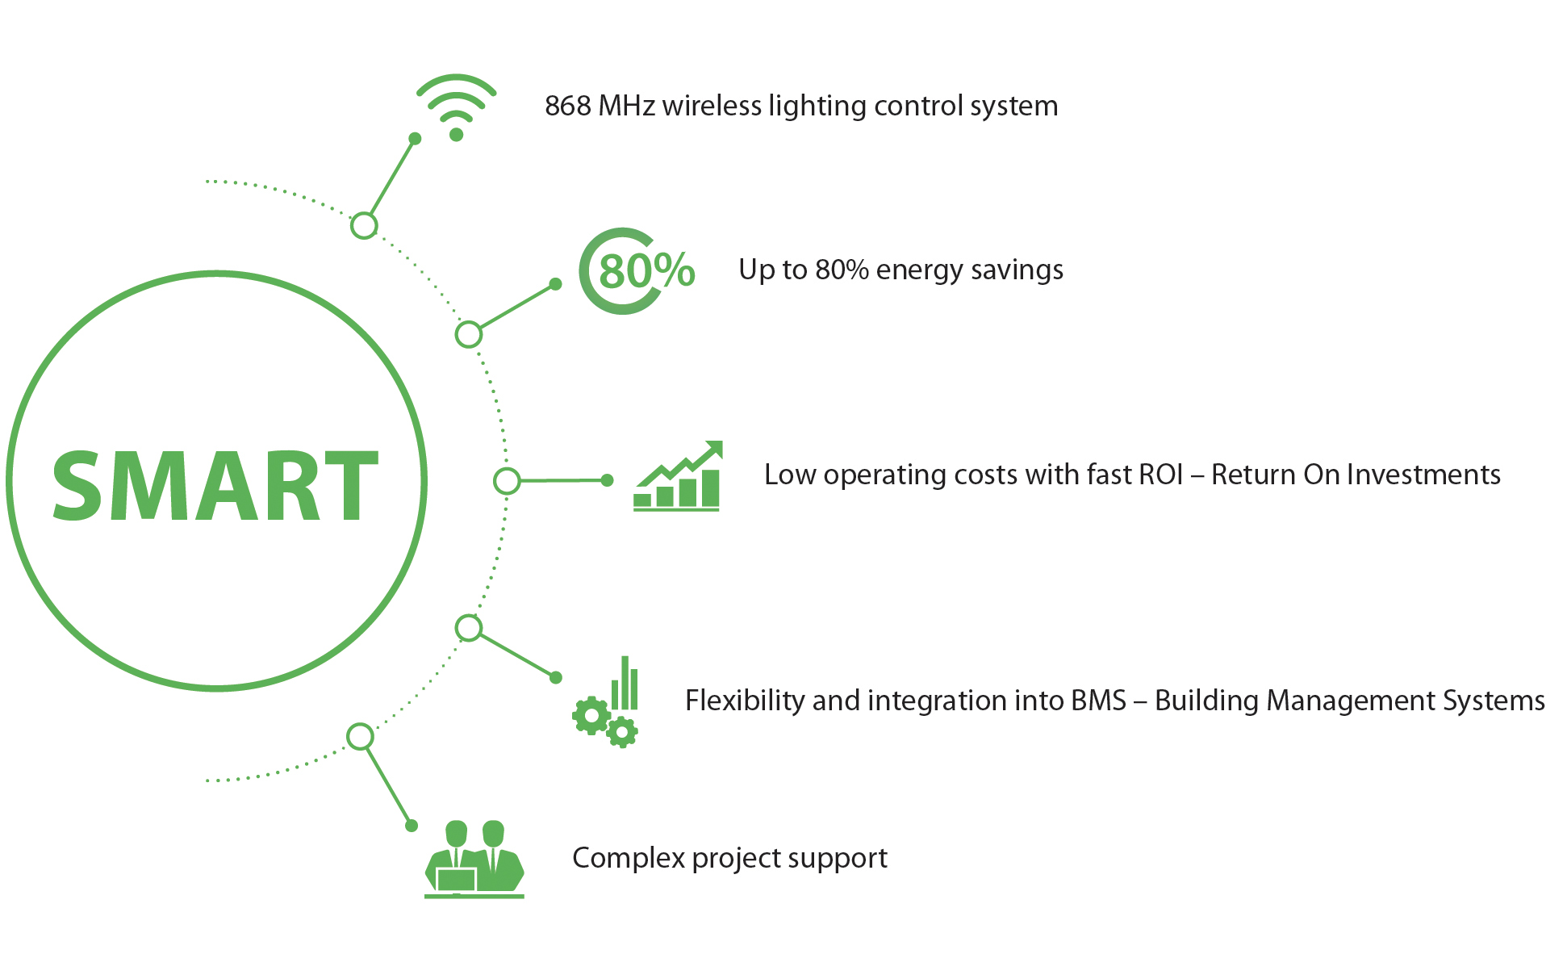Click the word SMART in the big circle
(215, 484)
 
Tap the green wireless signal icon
(456, 107)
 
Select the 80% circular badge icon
(637, 271)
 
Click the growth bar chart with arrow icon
(677, 476)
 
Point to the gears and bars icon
(605, 702)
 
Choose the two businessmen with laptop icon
(474, 860)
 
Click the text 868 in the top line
(568, 106)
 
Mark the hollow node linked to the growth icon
(507, 481)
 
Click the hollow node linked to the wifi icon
(364, 225)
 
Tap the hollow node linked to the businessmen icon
(360, 737)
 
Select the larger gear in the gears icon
(591, 716)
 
